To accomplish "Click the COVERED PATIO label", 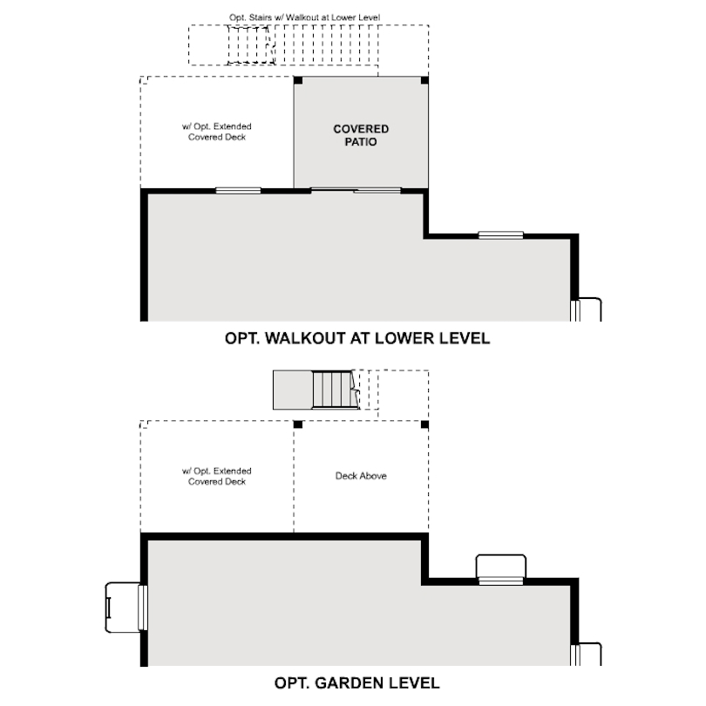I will pyautogui.click(x=361, y=135).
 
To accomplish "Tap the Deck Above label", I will pyautogui.click(x=361, y=476).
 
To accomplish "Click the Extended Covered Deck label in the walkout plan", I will pyautogui.click(x=217, y=132).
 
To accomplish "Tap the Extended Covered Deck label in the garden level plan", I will pyautogui.click(x=217, y=476).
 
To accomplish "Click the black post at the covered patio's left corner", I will pyautogui.click(x=298, y=81).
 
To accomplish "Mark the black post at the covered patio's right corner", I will pyautogui.click(x=424, y=81).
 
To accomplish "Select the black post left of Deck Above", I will pyautogui.click(x=298, y=424).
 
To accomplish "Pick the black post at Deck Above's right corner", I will pyautogui.click(x=424, y=424).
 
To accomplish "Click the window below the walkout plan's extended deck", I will pyautogui.click(x=238, y=190).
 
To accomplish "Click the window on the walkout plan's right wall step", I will pyautogui.click(x=500, y=234).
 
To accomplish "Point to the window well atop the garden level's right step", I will pyautogui.click(x=500, y=567).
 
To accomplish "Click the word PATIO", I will pyautogui.click(x=361, y=142).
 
